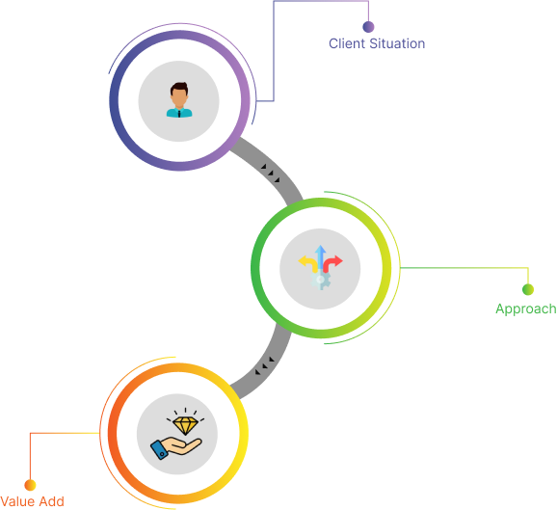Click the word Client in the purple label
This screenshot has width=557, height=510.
[x=347, y=43]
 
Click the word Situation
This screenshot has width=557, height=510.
[x=397, y=43]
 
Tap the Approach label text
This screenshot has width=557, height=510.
[x=526, y=309]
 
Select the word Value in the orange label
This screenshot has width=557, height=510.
[x=17, y=501]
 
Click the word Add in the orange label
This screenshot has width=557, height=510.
[x=51, y=501]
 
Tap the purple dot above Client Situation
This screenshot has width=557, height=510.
[x=368, y=27]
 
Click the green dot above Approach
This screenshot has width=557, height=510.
[x=528, y=289]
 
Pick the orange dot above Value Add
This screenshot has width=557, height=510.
[x=30, y=485]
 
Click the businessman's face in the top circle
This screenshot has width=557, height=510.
[x=179, y=97]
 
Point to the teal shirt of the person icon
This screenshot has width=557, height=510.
[x=179, y=112]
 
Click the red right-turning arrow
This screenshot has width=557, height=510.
[x=332, y=263]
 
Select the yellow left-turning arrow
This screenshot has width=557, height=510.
[x=308, y=263]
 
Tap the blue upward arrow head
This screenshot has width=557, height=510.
[x=320, y=249]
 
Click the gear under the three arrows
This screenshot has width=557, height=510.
[x=321, y=280]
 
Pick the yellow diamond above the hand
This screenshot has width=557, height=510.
[x=185, y=425]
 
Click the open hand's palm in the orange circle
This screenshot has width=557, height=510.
[x=182, y=446]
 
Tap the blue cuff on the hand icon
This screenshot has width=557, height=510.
[x=160, y=450]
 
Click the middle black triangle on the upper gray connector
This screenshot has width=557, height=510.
[x=271, y=173]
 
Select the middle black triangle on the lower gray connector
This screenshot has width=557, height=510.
[x=265, y=365]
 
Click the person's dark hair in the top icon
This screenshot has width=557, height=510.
[x=179, y=87]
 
